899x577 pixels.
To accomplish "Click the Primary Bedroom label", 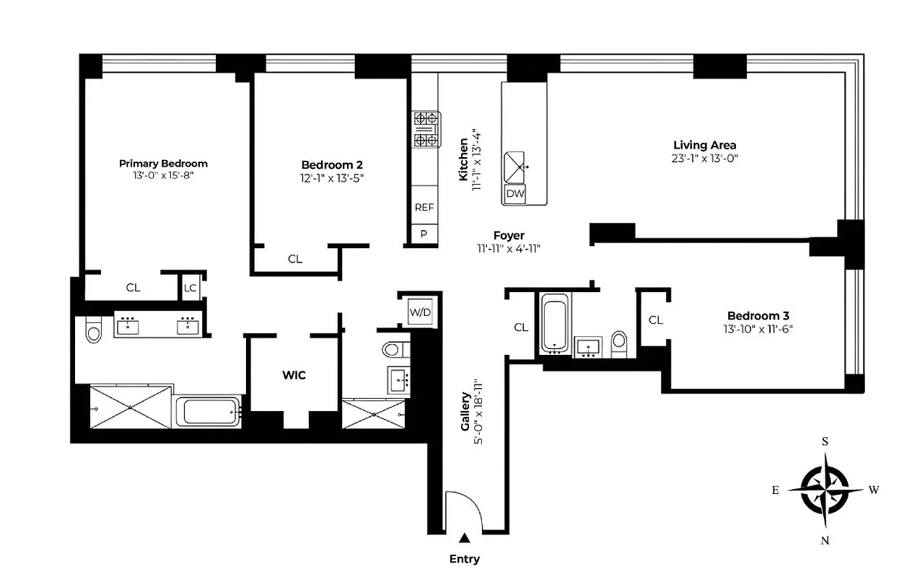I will (163, 164).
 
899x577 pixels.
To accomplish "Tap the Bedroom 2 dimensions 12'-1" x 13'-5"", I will (328, 178).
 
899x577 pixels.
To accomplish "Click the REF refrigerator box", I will (424, 207).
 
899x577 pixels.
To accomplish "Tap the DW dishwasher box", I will (514, 194).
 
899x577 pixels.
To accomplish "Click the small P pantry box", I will (424, 234).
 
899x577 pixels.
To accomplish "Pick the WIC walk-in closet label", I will (294, 375).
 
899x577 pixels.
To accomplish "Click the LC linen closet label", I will (190, 288).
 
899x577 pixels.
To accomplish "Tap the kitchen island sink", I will (516, 167).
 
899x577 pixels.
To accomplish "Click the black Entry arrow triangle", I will (465, 537).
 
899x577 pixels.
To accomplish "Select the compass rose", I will (825, 490).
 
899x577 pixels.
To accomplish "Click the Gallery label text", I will (465, 413).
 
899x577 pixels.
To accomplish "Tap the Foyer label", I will (509, 235).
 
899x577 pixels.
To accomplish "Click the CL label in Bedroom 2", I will (295, 259).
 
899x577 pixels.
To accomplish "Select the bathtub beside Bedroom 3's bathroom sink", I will (555, 325).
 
